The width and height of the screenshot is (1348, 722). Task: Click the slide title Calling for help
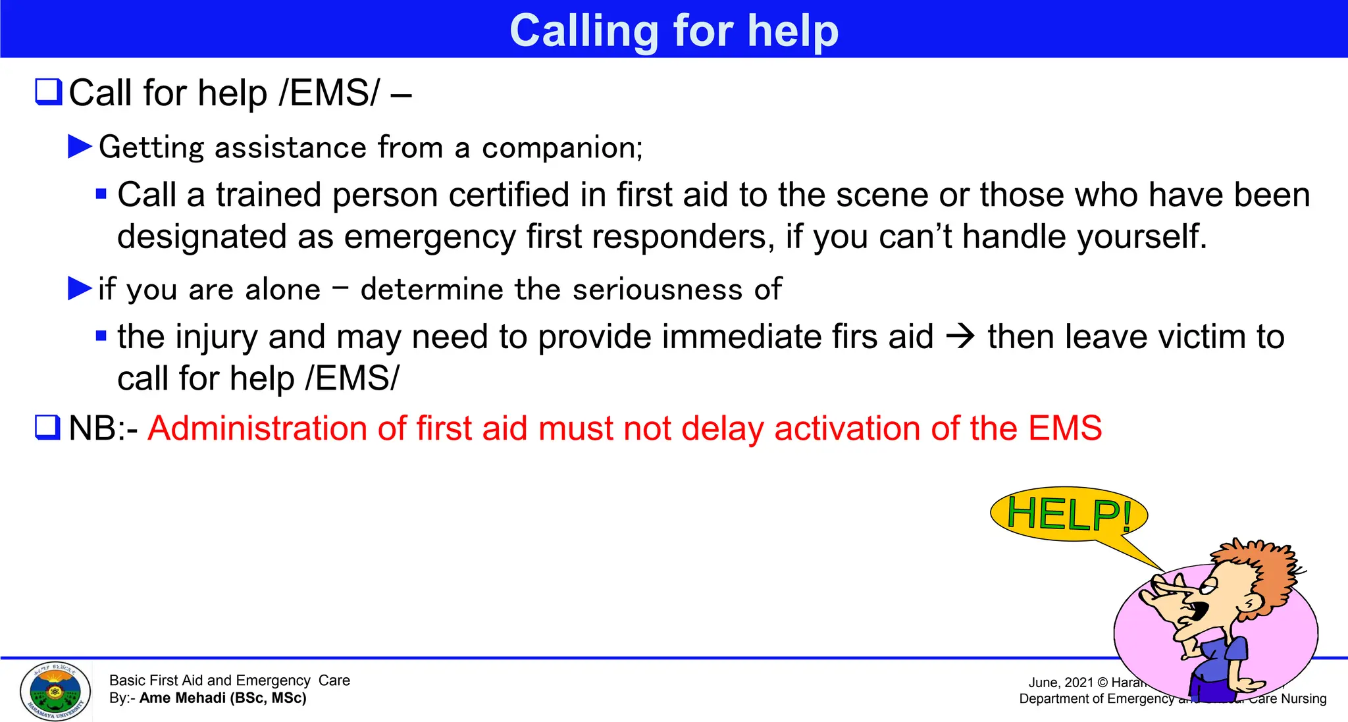pyautogui.click(x=673, y=30)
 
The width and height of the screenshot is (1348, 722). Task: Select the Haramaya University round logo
pyautogui.click(x=55, y=691)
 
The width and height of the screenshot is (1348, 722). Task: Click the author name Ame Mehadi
pyautogui.click(x=182, y=698)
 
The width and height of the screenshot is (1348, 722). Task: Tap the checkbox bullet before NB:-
pyautogui.click(x=48, y=428)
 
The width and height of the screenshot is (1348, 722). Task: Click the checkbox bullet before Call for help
pyautogui.click(x=48, y=92)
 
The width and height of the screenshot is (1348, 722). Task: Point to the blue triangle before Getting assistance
pyautogui.click(x=80, y=146)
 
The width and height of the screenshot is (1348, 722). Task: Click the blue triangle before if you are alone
pyautogui.click(x=80, y=288)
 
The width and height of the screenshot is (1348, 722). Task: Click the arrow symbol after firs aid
pyautogui.click(x=960, y=337)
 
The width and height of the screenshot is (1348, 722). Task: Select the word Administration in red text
pyautogui.click(x=257, y=428)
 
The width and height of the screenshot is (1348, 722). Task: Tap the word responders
pyautogui.click(x=683, y=237)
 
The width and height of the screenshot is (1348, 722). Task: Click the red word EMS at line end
pyautogui.click(x=1064, y=428)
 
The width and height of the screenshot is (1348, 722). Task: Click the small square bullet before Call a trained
pyautogui.click(x=101, y=194)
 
